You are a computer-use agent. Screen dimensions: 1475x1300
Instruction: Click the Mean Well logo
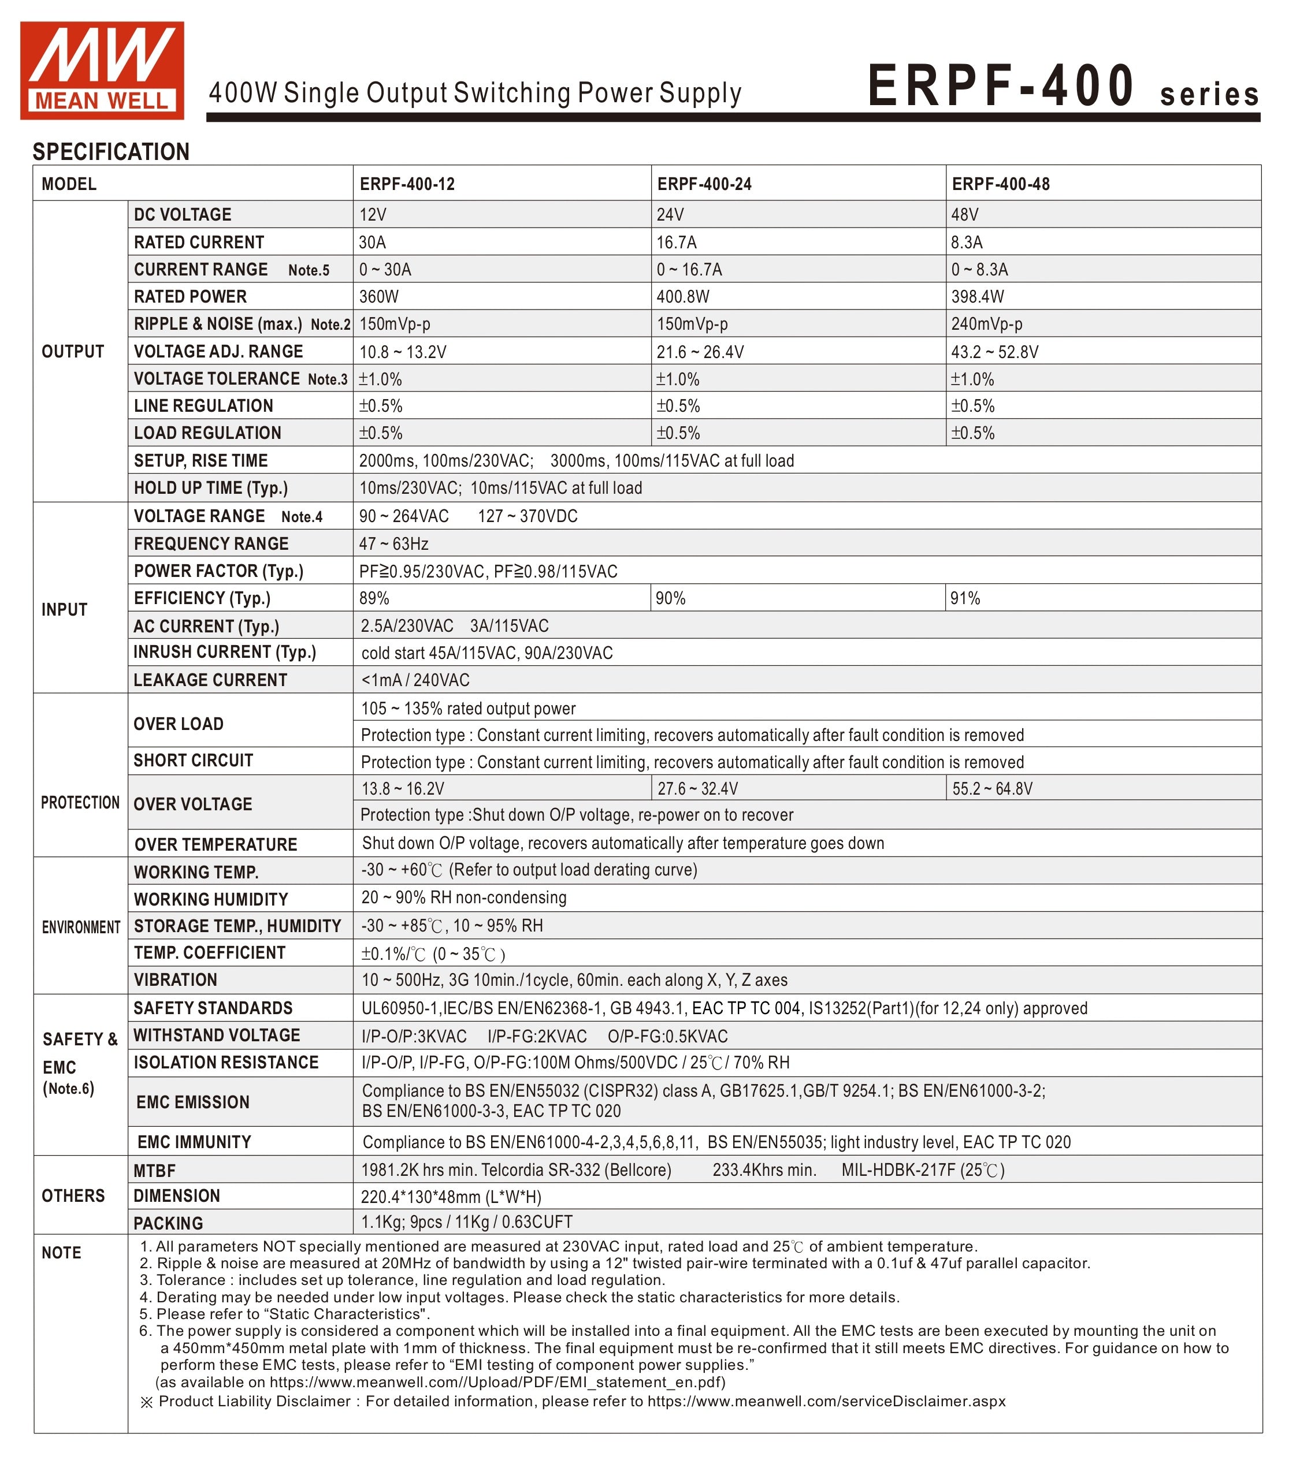[102, 70]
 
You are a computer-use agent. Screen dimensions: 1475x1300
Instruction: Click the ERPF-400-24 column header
[704, 184]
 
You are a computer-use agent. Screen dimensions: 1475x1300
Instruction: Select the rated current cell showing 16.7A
[677, 243]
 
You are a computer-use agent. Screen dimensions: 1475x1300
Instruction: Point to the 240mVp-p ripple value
[986, 324]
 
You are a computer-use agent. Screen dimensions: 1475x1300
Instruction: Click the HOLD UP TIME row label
[211, 488]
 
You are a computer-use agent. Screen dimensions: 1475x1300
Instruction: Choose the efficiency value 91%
[965, 598]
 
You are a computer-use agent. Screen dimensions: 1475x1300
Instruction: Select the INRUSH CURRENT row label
[225, 653]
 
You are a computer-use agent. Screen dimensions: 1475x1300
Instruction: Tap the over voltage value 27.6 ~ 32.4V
[697, 789]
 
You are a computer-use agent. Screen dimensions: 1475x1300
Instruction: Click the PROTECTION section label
[80, 802]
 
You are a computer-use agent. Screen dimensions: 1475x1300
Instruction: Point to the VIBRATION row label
[176, 980]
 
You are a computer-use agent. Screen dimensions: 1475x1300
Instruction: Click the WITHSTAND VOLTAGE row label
[217, 1036]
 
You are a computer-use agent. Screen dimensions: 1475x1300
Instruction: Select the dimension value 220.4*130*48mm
[451, 1197]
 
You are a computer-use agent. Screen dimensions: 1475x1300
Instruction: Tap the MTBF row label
[154, 1171]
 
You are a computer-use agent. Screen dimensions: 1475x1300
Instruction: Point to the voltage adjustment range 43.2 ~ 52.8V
[995, 352]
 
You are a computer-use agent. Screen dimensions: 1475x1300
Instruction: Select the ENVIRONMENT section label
[81, 928]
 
